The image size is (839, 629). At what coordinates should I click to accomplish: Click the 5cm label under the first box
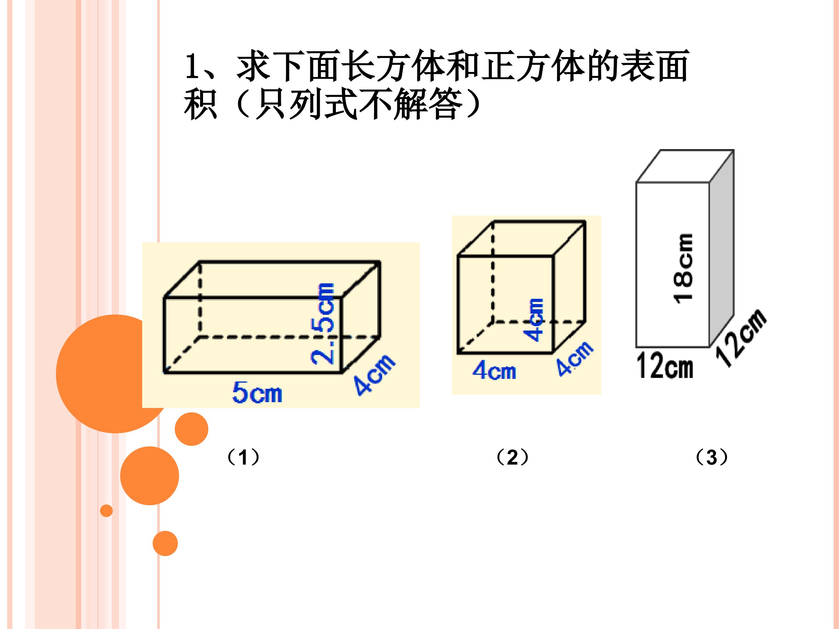(x=257, y=392)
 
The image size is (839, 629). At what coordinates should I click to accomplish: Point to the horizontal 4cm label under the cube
(x=494, y=370)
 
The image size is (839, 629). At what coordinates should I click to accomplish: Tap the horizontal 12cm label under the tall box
(x=665, y=365)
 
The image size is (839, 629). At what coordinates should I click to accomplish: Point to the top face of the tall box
(x=685, y=166)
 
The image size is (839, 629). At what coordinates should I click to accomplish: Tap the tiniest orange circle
(x=107, y=511)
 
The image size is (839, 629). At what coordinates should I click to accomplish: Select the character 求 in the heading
(x=253, y=66)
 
